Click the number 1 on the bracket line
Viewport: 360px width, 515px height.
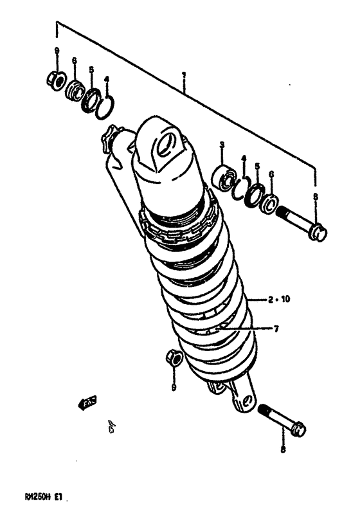click(184, 76)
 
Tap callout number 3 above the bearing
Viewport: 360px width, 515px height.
click(221, 146)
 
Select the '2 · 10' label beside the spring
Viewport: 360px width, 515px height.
click(279, 298)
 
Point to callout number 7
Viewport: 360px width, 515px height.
click(276, 329)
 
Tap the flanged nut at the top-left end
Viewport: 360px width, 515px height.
click(55, 80)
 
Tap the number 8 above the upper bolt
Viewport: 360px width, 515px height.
click(315, 197)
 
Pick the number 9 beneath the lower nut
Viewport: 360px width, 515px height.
click(173, 388)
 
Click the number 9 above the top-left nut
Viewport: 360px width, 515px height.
click(56, 51)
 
